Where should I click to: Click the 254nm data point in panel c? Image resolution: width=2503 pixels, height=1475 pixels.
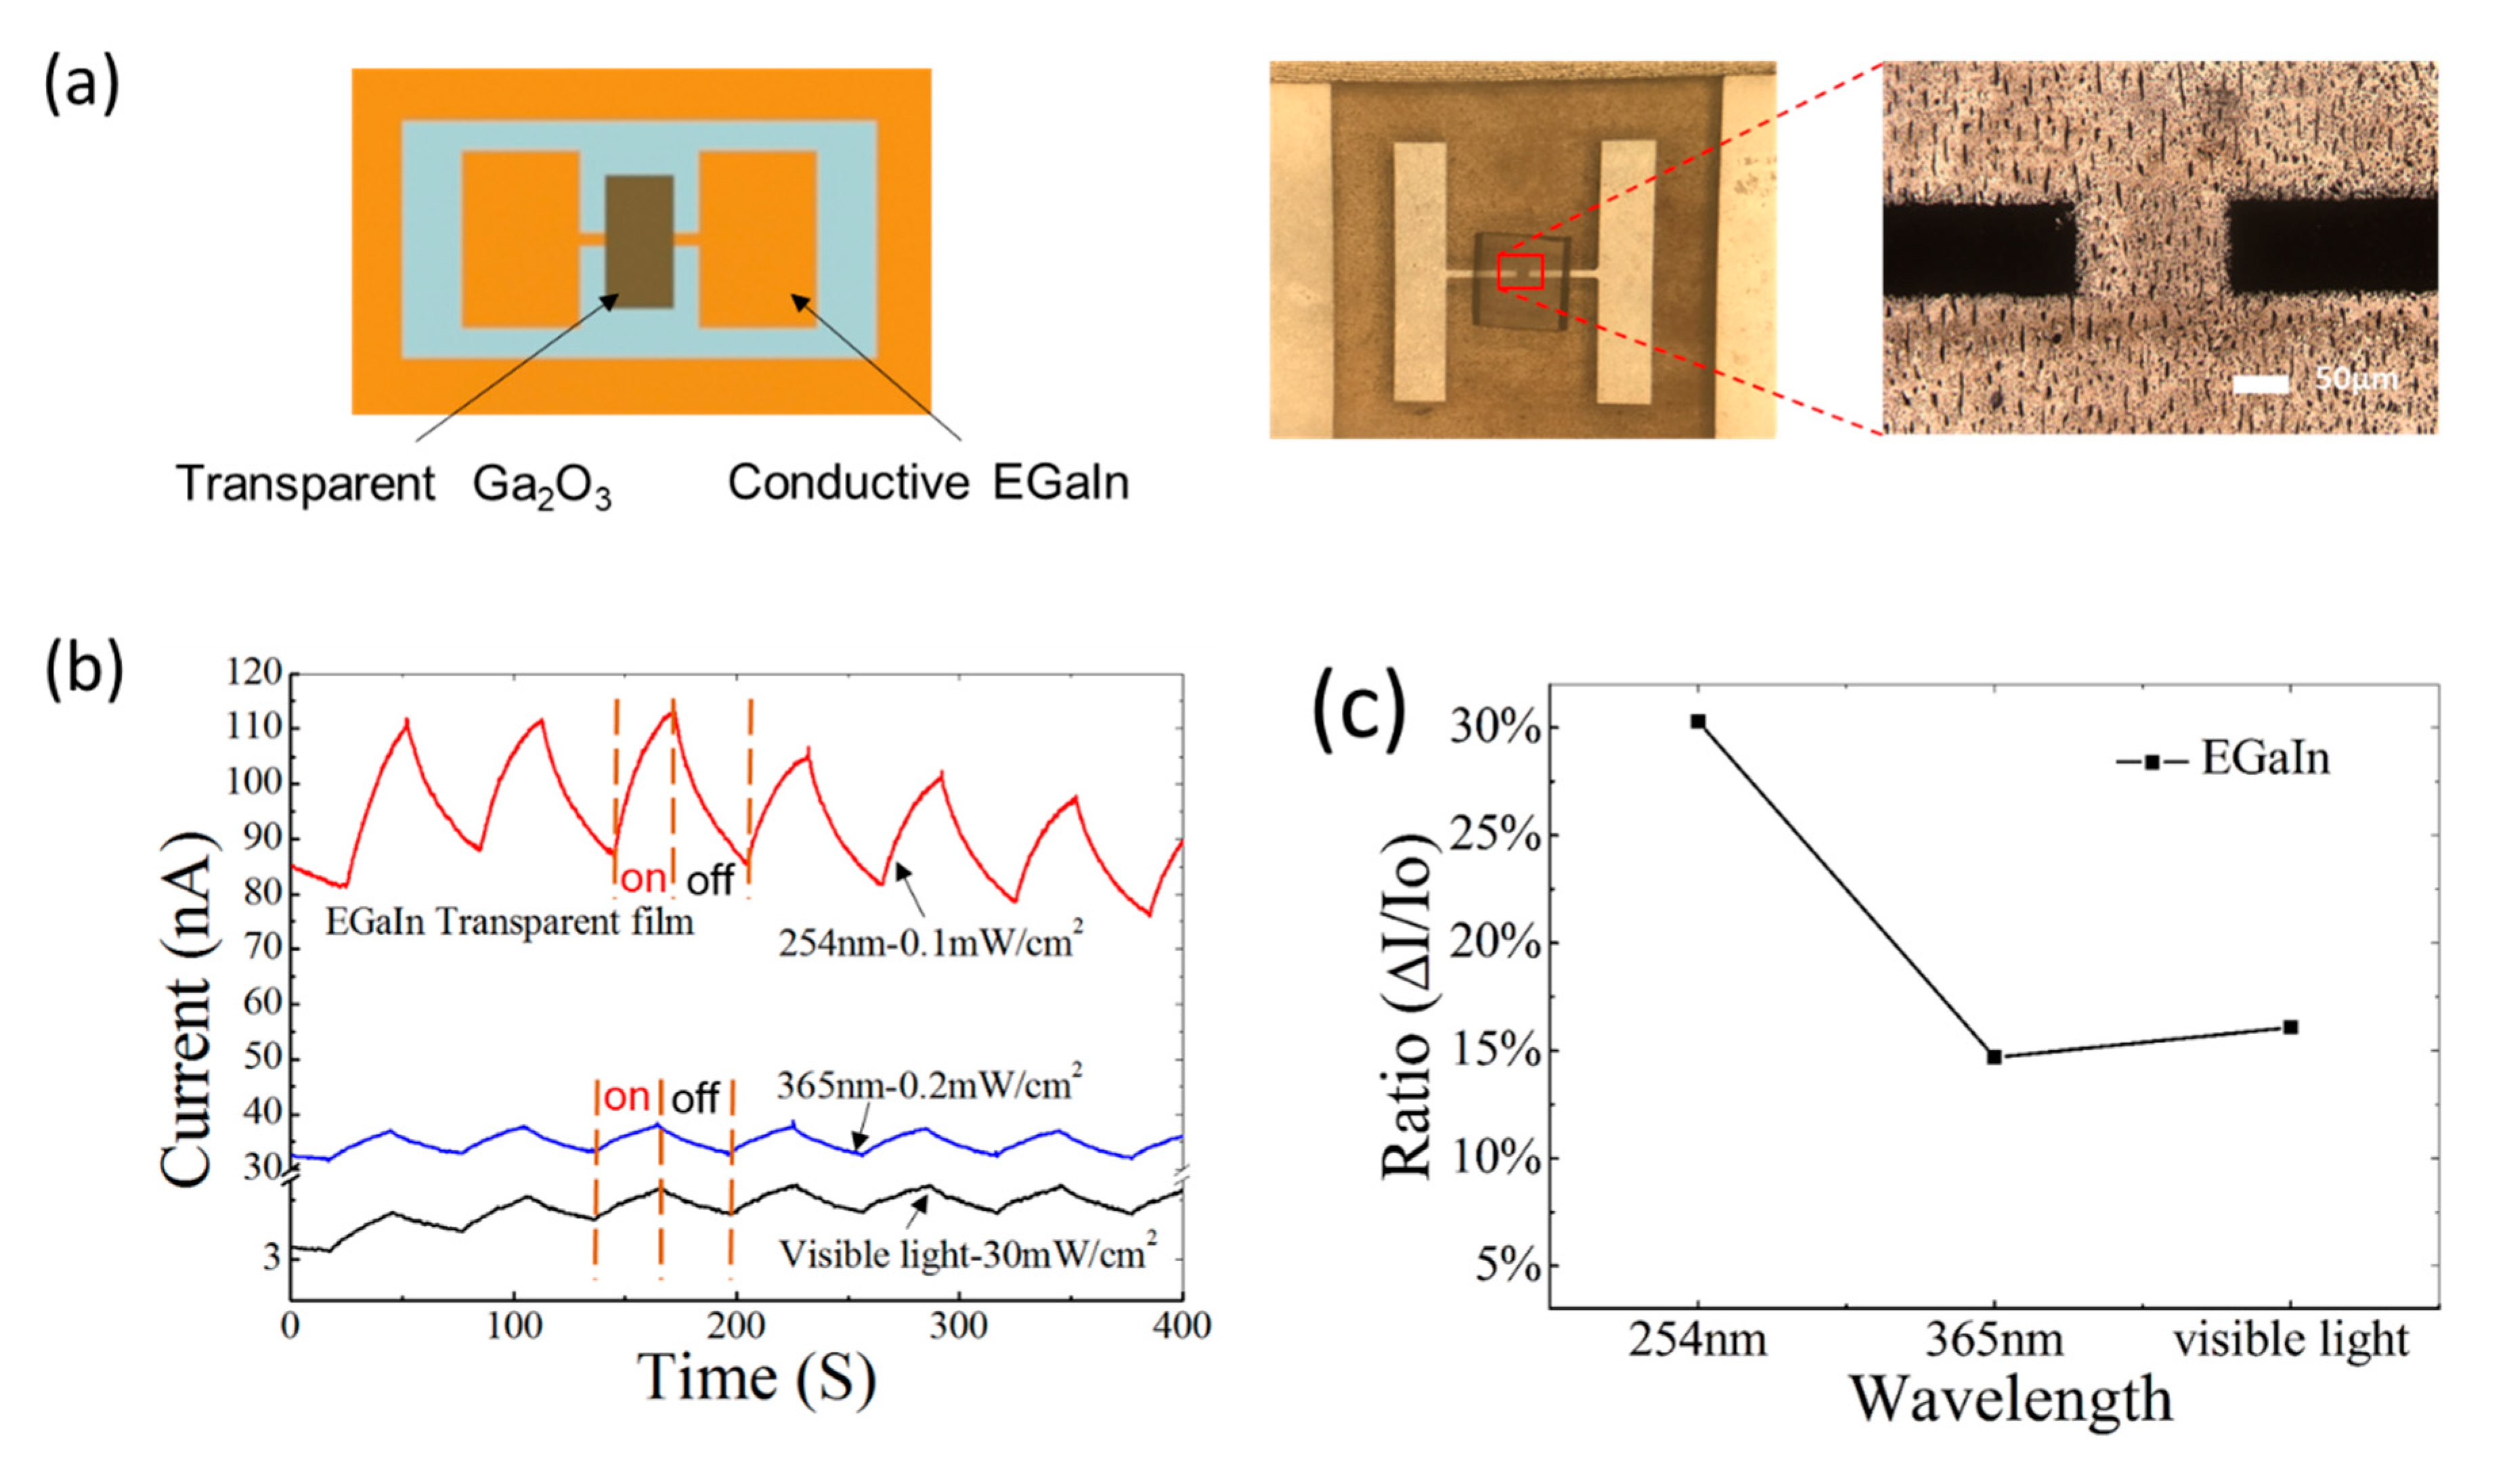(x=1698, y=722)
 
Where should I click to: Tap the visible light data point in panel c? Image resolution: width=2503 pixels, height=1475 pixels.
(x=2290, y=1027)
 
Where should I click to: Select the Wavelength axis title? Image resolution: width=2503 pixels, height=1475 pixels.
(x=2010, y=1399)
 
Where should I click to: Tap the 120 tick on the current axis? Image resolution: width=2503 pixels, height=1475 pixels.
(x=255, y=674)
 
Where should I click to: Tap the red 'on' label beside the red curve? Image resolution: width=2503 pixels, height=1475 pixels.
(x=643, y=879)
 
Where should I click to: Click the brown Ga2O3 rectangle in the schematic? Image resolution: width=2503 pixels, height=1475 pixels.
(x=639, y=242)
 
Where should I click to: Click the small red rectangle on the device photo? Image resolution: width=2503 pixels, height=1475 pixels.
(x=1520, y=271)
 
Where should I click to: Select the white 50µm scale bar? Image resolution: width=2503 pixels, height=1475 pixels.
(x=2261, y=384)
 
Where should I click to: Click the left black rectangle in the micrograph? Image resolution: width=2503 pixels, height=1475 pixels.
(x=1978, y=250)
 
